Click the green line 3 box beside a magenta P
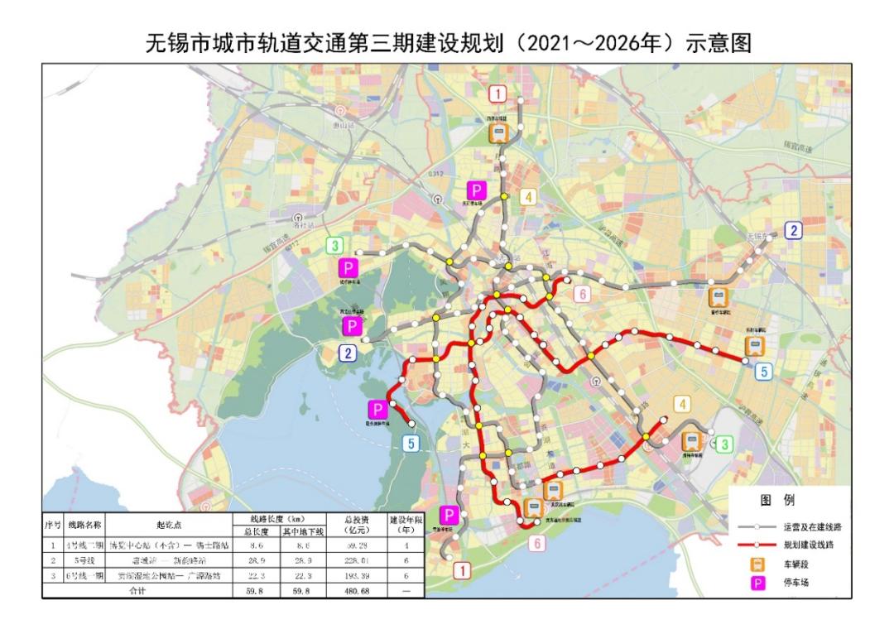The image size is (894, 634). pos(335,246)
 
